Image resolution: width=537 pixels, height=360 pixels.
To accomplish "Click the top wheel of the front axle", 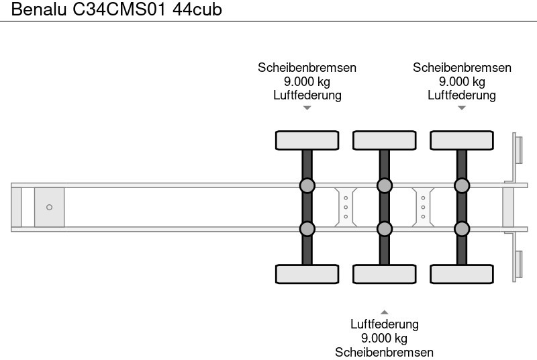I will click(x=307, y=140).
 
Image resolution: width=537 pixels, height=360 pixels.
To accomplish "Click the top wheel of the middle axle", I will click(x=384, y=140).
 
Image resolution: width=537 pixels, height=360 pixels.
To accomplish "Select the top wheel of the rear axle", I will click(x=462, y=140).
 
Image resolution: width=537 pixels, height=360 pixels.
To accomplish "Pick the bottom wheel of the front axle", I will click(x=307, y=274).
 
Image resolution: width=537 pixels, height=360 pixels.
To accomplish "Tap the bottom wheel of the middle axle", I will click(x=384, y=274).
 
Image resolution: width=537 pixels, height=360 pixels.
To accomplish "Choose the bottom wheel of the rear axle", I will click(x=462, y=274).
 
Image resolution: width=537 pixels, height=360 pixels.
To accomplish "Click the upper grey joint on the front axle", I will click(x=307, y=185).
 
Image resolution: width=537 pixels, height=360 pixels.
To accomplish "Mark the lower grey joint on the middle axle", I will click(x=384, y=229).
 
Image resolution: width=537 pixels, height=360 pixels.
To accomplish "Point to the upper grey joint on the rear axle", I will click(x=462, y=185).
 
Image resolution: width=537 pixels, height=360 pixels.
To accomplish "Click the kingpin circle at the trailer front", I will click(x=49, y=207).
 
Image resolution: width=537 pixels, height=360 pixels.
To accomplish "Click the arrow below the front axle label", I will click(x=307, y=108).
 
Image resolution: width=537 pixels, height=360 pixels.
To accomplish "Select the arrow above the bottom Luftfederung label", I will click(x=384, y=312).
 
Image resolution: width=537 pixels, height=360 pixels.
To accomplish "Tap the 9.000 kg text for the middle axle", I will click(x=384, y=338).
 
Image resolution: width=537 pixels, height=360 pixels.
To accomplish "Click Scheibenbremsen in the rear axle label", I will click(x=462, y=67).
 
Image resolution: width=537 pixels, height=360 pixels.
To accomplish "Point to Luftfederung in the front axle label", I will click(x=307, y=95).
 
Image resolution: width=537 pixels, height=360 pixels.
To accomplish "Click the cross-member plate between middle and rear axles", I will click(x=423, y=207).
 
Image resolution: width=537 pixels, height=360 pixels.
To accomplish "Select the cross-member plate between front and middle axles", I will click(x=345, y=207).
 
